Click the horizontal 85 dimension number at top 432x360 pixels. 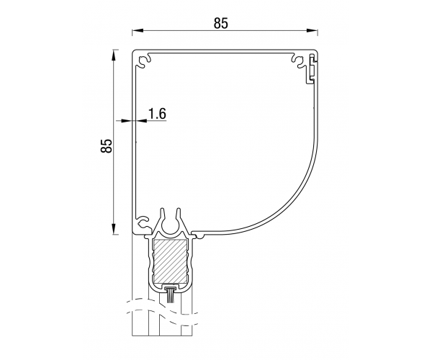click(x=221, y=24)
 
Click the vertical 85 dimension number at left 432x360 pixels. click(x=107, y=145)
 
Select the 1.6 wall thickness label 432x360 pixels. click(x=157, y=114)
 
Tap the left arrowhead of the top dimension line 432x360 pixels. click(x=137, y=30)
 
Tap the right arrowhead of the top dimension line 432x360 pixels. click(x=312, y=30)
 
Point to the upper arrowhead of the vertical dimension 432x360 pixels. click(x=114, y=55)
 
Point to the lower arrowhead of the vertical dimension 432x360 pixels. click(x=114, y=229)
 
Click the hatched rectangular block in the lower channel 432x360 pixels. click(x=170, y=261)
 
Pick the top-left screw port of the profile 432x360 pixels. click(x=145, y=61)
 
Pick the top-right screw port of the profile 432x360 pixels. click(x=299, y=61)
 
